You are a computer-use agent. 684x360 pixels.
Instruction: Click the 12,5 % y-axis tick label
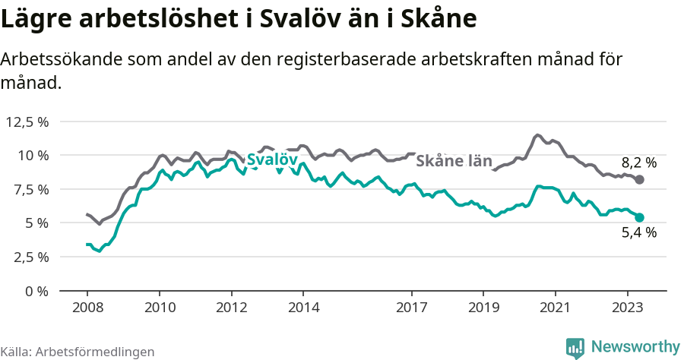tap(27, 122)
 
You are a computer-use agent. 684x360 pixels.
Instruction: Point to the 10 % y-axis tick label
tap(33, 155)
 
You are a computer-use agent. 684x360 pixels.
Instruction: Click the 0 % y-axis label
tap(36, 291)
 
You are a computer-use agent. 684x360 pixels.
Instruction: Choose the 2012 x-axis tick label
tap(231, 308)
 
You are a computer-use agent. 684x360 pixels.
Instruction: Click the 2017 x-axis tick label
tap(411, 308)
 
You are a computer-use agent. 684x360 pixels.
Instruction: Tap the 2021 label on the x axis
tap(556, 308)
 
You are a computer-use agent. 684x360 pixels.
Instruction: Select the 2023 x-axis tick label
tap(628, 308)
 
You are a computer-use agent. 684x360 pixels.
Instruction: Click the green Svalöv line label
tap(271, 160)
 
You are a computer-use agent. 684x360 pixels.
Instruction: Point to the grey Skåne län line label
tap(454, 161)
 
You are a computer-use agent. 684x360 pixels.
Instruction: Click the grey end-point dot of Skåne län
tap(639, 179)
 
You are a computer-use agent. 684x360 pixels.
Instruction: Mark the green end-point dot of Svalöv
tap(639, 217)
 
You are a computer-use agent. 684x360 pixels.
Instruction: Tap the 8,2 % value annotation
tap(638, 162)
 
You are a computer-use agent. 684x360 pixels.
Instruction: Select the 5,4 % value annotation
tap(638, 233)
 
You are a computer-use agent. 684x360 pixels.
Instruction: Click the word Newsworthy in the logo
tap(635, 346)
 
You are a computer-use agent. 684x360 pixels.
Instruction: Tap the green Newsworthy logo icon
tap(575, 347)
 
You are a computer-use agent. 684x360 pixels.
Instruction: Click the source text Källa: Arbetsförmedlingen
tap(78, 352)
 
